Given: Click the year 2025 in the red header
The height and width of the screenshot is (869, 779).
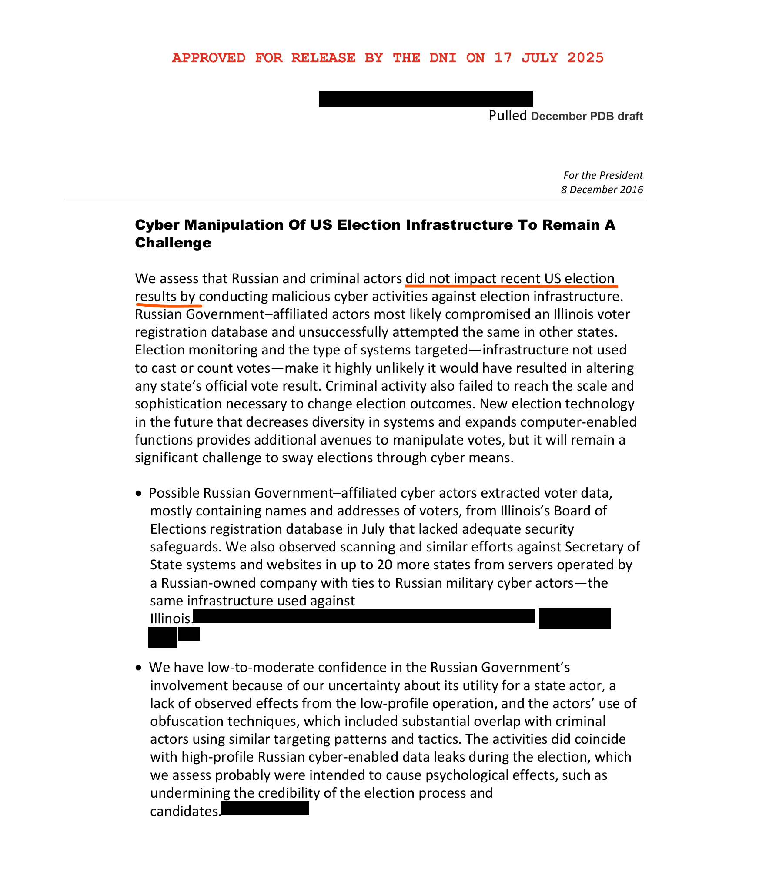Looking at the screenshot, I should point(585,58).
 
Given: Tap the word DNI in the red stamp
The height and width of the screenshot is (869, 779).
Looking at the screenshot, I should point(443,58).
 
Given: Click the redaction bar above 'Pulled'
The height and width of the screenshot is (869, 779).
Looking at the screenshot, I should point(426,99).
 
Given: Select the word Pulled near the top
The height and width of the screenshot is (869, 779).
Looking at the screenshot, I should point(508,116).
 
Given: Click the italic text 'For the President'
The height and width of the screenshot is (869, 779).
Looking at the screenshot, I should point(603,175).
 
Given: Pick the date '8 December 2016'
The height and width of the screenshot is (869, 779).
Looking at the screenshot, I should point(602,190).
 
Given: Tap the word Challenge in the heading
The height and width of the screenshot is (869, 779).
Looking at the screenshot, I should point(173,243).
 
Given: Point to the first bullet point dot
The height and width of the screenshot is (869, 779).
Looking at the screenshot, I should point(139,493).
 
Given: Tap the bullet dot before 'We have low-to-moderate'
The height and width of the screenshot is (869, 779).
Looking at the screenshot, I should point(139,668).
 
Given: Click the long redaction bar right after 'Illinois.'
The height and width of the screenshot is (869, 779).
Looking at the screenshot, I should point(364,616).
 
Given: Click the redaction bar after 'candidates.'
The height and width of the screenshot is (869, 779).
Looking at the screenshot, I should point(265,809).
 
